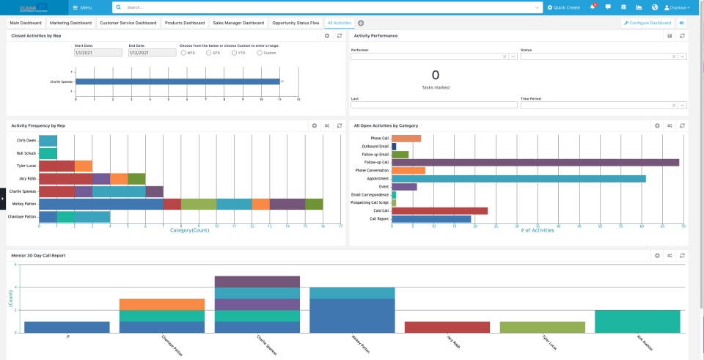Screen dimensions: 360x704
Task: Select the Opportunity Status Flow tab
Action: point(296,23)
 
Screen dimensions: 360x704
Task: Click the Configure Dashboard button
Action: point(648,23)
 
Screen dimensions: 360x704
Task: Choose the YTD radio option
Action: point(234,53)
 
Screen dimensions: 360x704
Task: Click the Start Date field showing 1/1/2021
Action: point(98,53)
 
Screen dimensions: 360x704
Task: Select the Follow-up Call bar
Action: point(535,162)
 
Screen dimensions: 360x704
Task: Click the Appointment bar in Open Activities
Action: point(518,178)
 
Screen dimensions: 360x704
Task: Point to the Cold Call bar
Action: point(439,210)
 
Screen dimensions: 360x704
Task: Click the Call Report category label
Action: point(378,218)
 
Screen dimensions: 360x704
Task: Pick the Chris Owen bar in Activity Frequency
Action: point(48,140)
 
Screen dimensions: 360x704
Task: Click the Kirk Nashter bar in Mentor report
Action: point(637,322)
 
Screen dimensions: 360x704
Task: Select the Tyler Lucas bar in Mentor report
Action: point(543,328)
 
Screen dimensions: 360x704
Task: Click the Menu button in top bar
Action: point(82,7)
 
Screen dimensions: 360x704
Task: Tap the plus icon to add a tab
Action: point(361,23)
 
